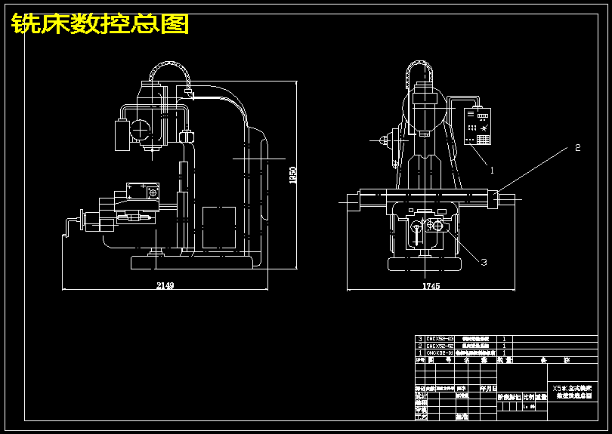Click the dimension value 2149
point(165,285)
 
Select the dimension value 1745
point(431,285)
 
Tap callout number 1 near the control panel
point(493,170)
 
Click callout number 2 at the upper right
point(578,147)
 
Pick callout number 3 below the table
point(484,262)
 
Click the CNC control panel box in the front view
point(478,126)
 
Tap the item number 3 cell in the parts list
point(419,339)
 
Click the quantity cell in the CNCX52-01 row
point(504,352)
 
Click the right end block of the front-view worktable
point(493,199)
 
